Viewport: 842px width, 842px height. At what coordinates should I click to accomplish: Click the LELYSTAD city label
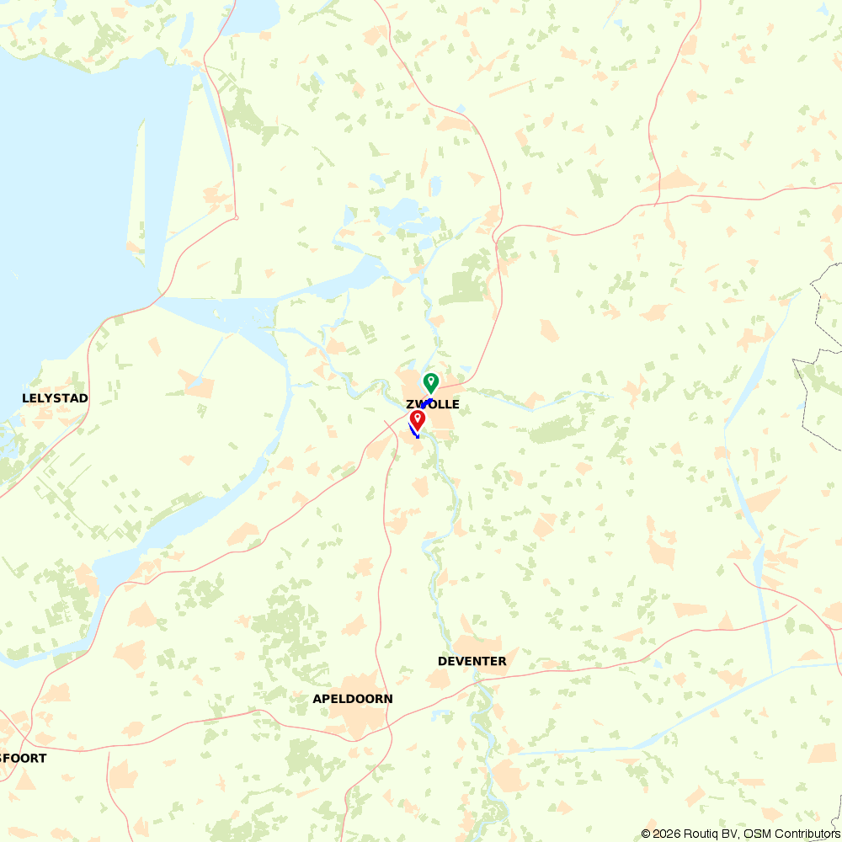tap(55, 398)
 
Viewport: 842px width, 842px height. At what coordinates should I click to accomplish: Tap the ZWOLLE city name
tap(433, 405)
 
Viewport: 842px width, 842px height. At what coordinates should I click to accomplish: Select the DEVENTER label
tap(472, 662)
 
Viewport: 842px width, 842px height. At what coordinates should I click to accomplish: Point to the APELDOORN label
tap(352, 700)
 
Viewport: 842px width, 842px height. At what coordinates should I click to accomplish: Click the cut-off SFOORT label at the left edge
tap(23, 759)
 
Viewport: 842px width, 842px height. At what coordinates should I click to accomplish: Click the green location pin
tap(430, 382)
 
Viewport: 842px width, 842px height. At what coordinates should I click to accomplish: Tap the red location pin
tap(418, 419)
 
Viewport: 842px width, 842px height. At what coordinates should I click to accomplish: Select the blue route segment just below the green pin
tap(426, 402)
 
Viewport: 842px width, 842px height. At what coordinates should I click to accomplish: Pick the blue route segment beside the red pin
tap(413, 432)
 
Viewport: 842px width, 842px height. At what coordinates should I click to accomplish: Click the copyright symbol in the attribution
tap(645, 834)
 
